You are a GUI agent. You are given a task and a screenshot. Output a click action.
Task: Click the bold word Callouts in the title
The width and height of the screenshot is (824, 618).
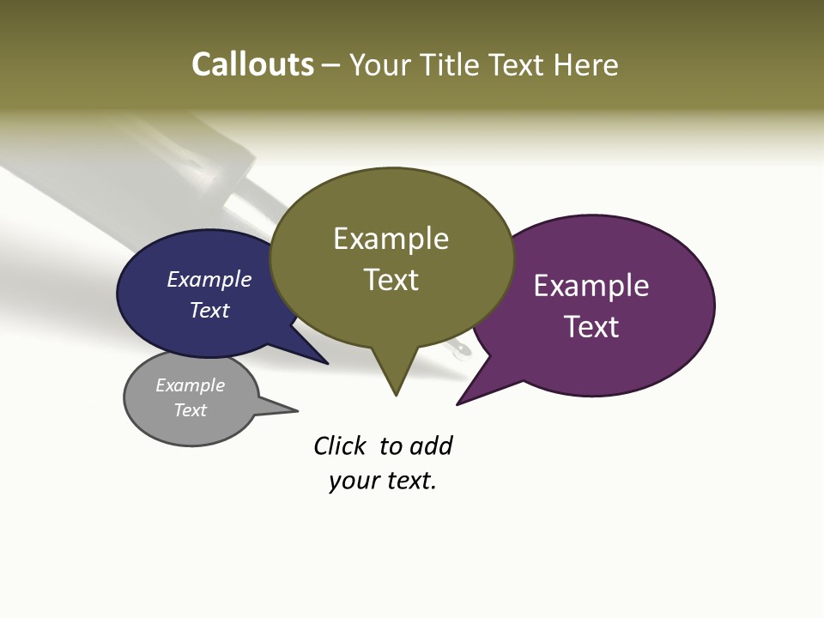point(253,65)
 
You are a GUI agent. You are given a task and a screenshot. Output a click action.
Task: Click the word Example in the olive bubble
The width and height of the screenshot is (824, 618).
point(391,239)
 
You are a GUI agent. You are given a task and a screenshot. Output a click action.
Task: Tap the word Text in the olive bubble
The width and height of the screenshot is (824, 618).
point(391,280)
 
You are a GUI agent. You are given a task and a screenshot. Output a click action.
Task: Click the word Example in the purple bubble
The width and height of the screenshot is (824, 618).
point(591,286)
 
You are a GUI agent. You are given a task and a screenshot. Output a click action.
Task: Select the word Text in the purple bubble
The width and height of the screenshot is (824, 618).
point(591,327)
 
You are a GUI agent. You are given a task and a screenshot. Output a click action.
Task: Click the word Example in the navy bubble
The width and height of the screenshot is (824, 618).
point(209,279)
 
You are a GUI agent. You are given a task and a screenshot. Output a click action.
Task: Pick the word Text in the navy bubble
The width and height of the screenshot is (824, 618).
point(209,310)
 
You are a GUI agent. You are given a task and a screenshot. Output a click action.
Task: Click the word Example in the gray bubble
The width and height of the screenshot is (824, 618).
point(191,385)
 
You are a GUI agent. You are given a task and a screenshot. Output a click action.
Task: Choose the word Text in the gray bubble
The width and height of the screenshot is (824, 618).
point(191,410)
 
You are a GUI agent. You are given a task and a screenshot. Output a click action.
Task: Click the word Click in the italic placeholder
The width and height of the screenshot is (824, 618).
point(340,445)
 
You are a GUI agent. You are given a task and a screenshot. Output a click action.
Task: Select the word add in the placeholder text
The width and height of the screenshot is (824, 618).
point(431,445)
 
